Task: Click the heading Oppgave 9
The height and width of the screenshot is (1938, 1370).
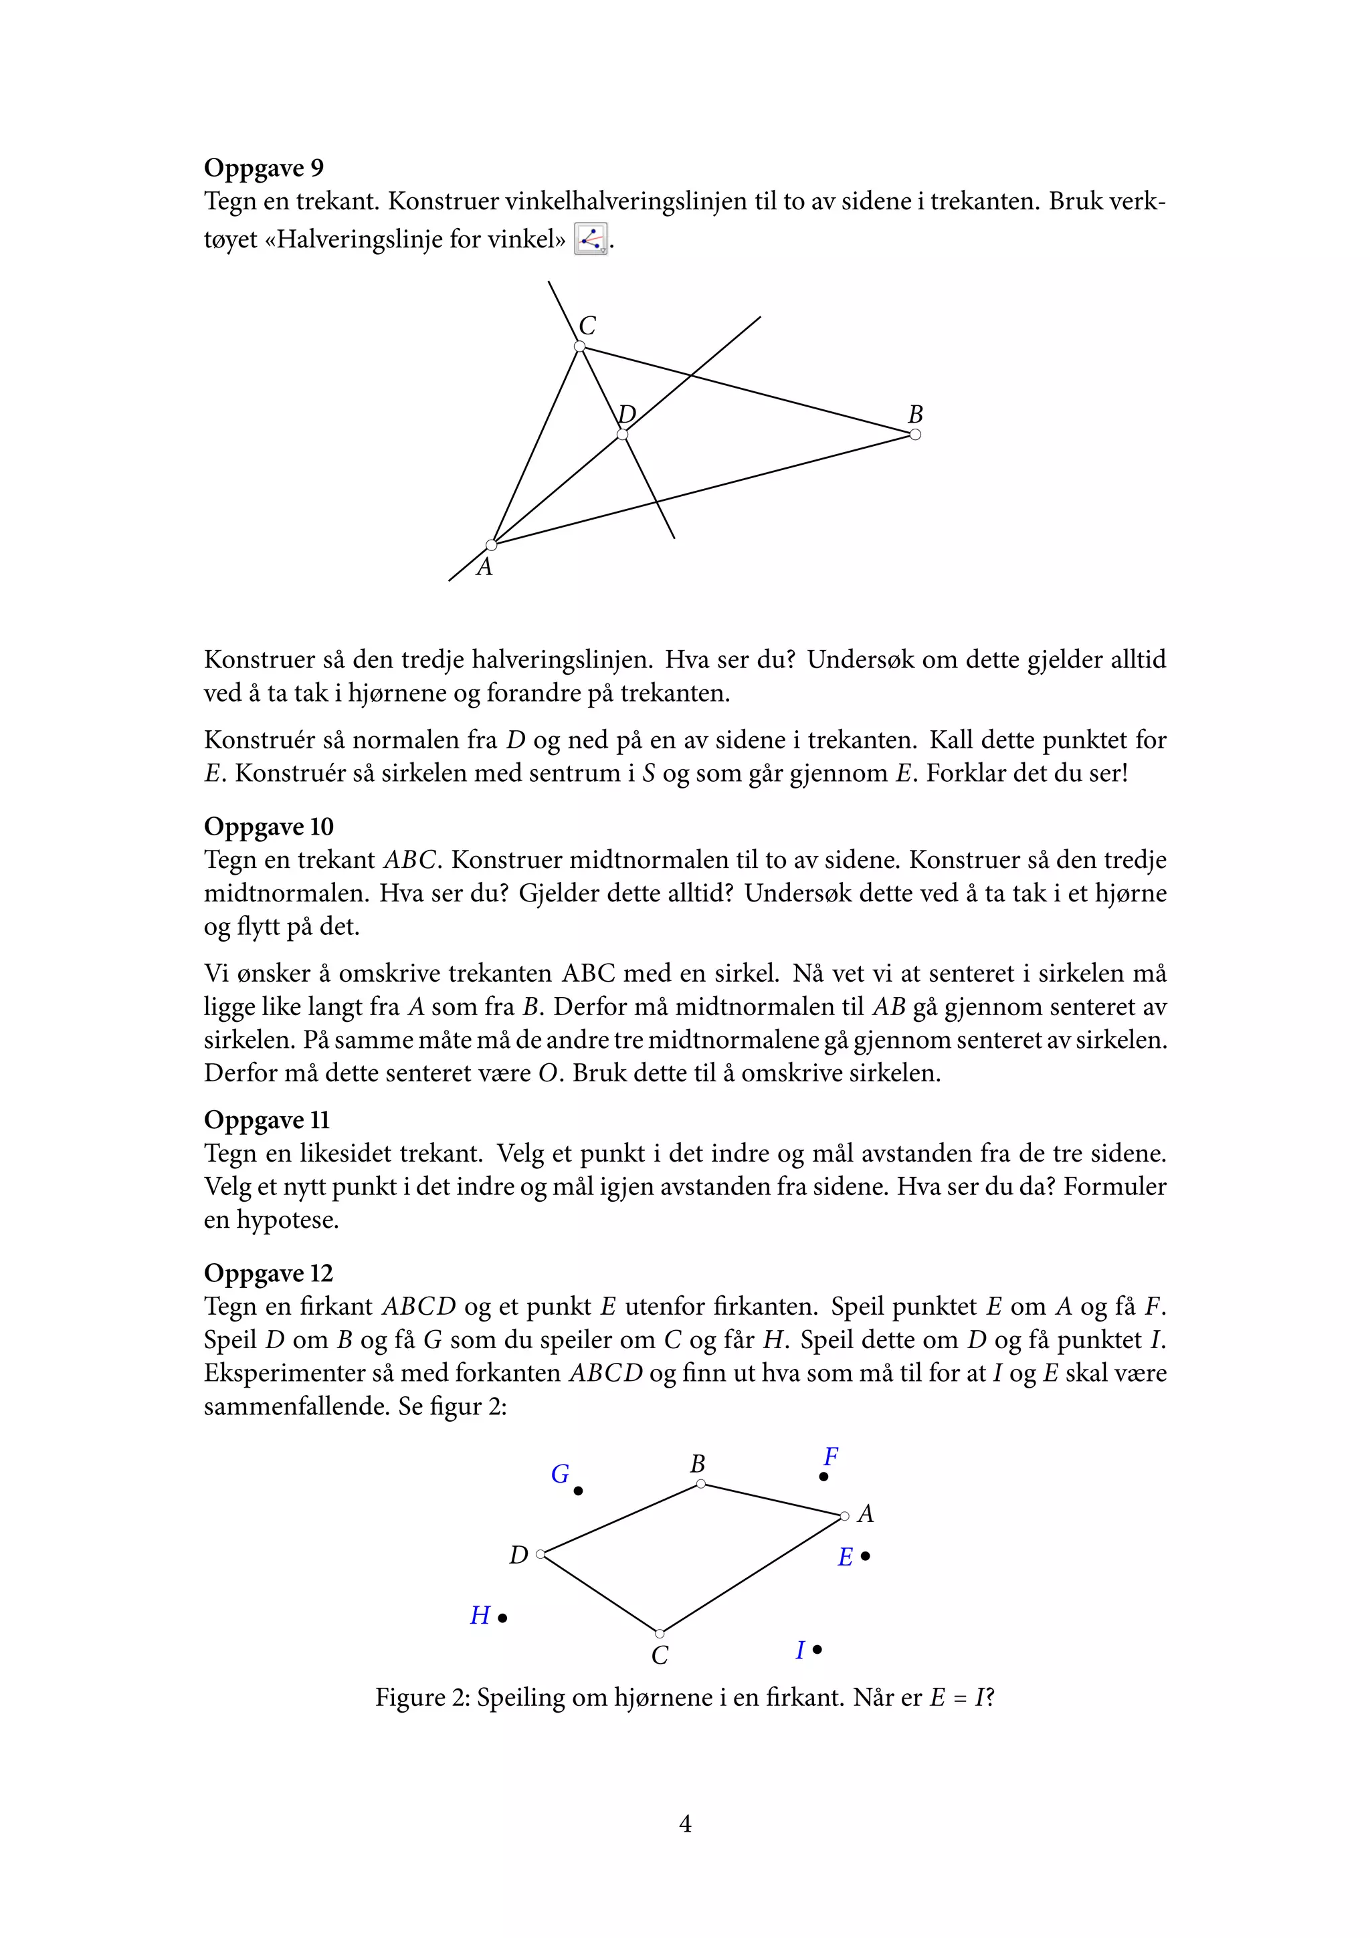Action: coord(264,167)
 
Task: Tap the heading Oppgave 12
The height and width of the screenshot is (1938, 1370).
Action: coord(268,1273)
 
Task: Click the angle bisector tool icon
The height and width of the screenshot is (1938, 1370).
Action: coord(590,239)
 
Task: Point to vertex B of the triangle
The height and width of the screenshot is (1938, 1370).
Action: coord(915,435)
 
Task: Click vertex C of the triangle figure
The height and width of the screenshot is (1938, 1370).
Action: coord(580,346)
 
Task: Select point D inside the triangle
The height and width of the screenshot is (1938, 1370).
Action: coord(622,435)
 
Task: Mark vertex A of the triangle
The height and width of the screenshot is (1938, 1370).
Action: coord(491,545)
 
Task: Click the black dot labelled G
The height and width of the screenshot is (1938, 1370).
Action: coord(578,1491)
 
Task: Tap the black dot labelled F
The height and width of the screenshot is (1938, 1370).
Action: coord(824,1477)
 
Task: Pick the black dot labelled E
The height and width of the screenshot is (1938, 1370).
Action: coord(865,1555)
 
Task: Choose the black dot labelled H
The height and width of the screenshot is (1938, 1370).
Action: coord(502,1618)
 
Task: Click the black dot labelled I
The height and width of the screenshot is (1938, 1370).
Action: coord(817,1649)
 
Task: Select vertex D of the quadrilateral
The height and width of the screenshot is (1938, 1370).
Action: coord(541,1554)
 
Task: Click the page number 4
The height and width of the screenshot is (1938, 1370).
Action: coord(686,1824)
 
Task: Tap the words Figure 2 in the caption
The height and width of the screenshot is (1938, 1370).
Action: coord(421,1697)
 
